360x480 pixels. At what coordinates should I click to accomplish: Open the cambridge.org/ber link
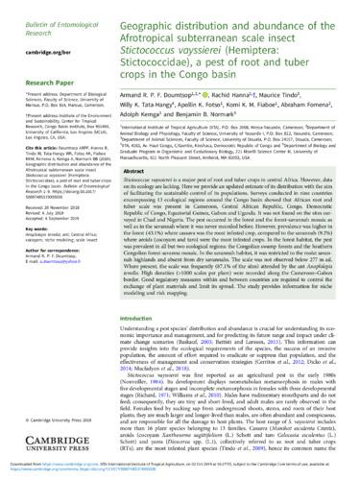tap(32, 34)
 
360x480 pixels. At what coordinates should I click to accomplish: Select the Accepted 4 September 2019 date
tap(38, 230)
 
